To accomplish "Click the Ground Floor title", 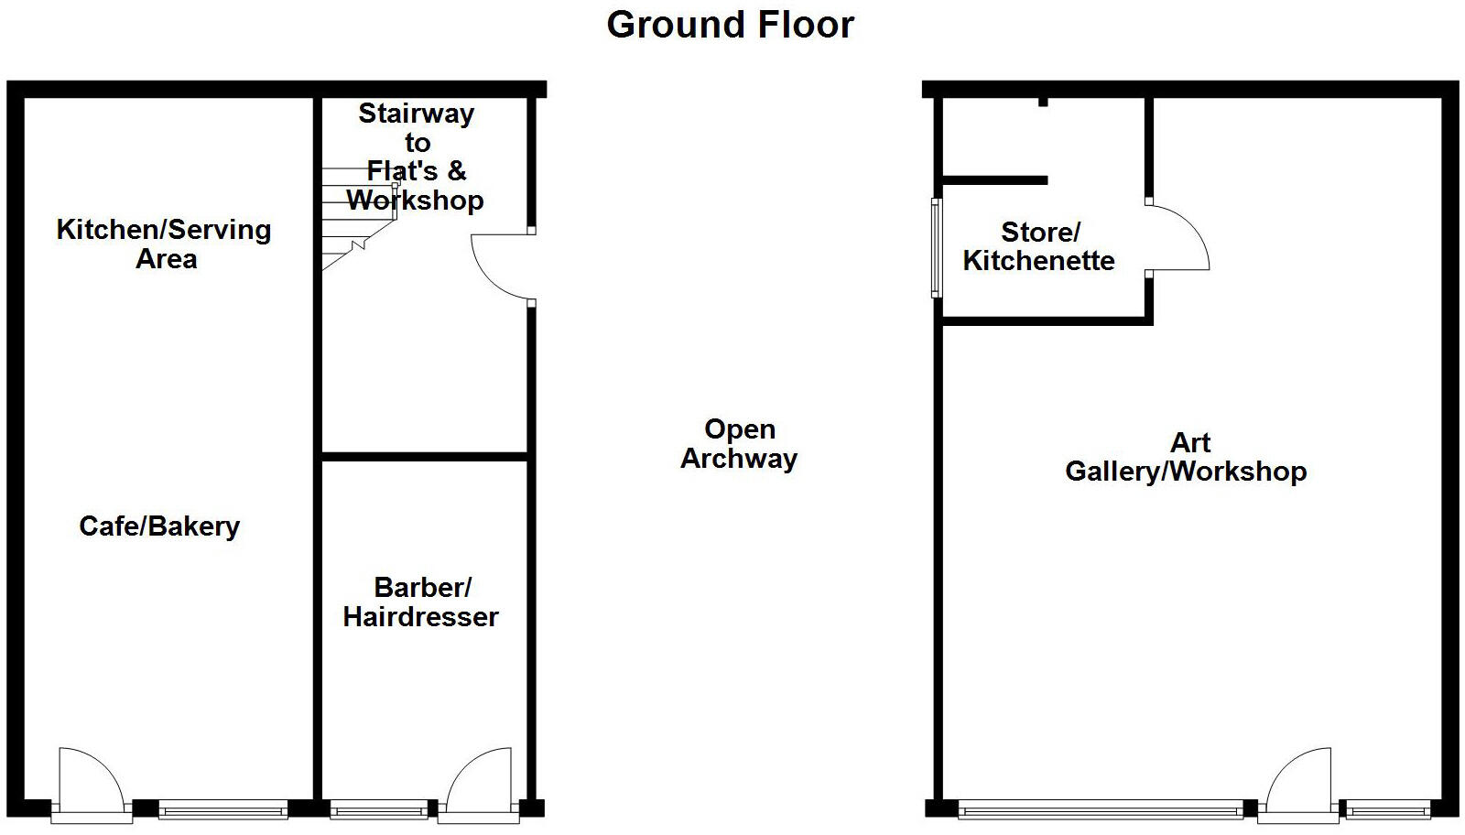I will coord(730,25).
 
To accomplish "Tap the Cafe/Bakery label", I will coord(159,526).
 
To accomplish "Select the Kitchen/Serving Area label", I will coord(164,244).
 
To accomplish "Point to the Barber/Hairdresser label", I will coord(421,602).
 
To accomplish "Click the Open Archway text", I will coord(739,444).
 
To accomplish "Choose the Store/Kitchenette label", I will coord(1038,246).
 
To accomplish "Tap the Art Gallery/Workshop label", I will coord(1187,457).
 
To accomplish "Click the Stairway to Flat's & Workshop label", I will coord(417,156).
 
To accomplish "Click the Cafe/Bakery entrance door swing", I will coord(90,778).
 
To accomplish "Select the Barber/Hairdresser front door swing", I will coord(479,778).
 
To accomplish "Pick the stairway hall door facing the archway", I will coord(502,266).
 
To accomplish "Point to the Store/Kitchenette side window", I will coord(936,248).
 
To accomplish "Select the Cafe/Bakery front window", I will coord(222,809).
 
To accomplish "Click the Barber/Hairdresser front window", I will coord(377,809).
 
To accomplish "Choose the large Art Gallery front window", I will coord(1100,809).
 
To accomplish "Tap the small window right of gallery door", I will coord(1388,809).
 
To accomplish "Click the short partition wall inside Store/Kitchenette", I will coord(995,180).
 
